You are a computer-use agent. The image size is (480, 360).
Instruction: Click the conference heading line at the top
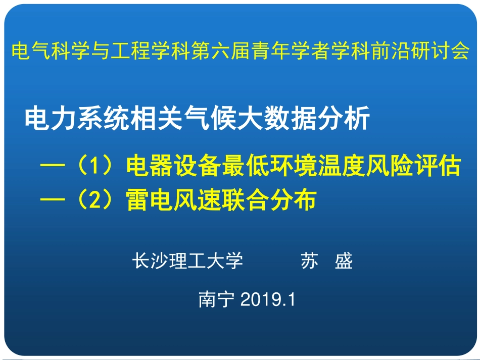click(240, 52)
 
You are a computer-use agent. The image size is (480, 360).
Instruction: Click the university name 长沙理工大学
click(187, 261)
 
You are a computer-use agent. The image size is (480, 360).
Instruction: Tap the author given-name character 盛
click(344, 261)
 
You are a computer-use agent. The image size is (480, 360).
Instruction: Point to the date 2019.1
click(268, 300)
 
